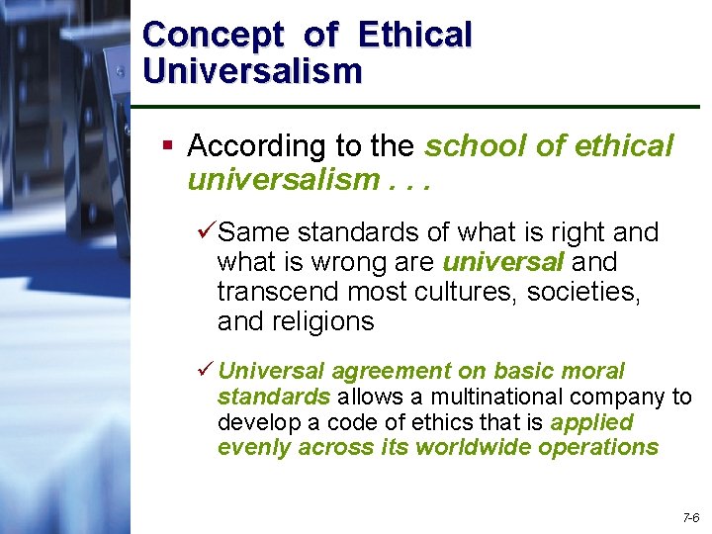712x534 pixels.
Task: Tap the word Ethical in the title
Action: (x=415, y=35)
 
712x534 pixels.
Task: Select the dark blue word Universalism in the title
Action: (x=252, y=70)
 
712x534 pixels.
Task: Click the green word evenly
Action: (x=248, y=447)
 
